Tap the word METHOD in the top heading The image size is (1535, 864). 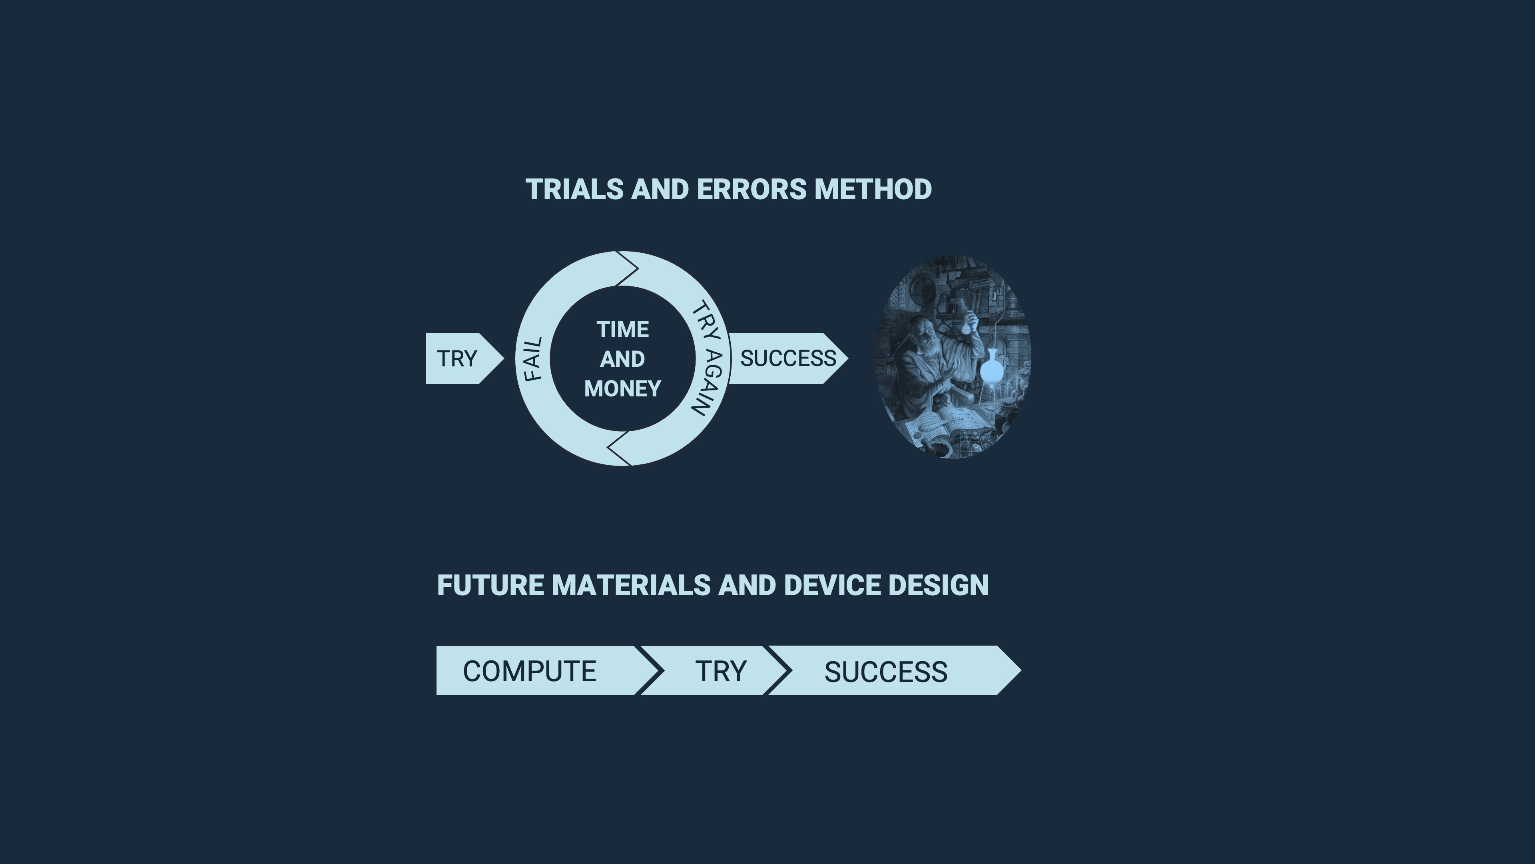[873, 190]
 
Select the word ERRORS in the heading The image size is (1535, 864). [752, 190]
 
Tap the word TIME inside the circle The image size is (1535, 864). [623, 330]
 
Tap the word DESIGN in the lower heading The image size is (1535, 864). [939, 586]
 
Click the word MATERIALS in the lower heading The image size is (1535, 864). [631, 586]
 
